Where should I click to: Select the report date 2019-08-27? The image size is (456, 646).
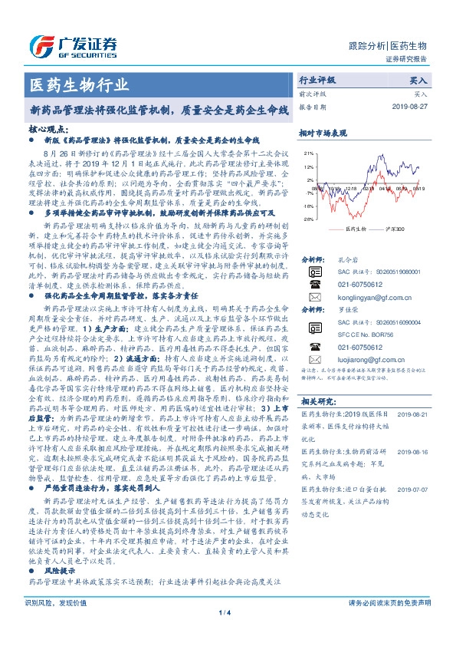click(x=413, y=107)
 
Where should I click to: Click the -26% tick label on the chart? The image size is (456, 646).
click(x=307, y=218)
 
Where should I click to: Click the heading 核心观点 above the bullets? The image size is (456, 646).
click(x=48, y=131)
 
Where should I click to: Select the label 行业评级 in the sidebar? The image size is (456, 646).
click(x=317, y=80)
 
